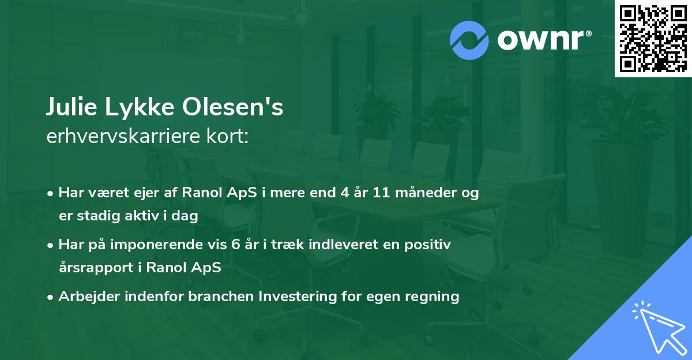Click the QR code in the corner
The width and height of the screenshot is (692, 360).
pos(653,39)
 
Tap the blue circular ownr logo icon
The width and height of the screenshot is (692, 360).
pos(469,40)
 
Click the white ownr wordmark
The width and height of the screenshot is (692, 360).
pos(544,40)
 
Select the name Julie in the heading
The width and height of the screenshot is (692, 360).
pos(72,107)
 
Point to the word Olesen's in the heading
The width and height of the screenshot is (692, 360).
pos(232,107)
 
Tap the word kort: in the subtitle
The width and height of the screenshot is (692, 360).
pos(227,136)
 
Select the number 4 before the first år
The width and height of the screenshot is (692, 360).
pos(345,193)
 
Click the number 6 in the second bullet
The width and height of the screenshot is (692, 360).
pos(235,245)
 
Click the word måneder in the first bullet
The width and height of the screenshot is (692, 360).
pos(426,193)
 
